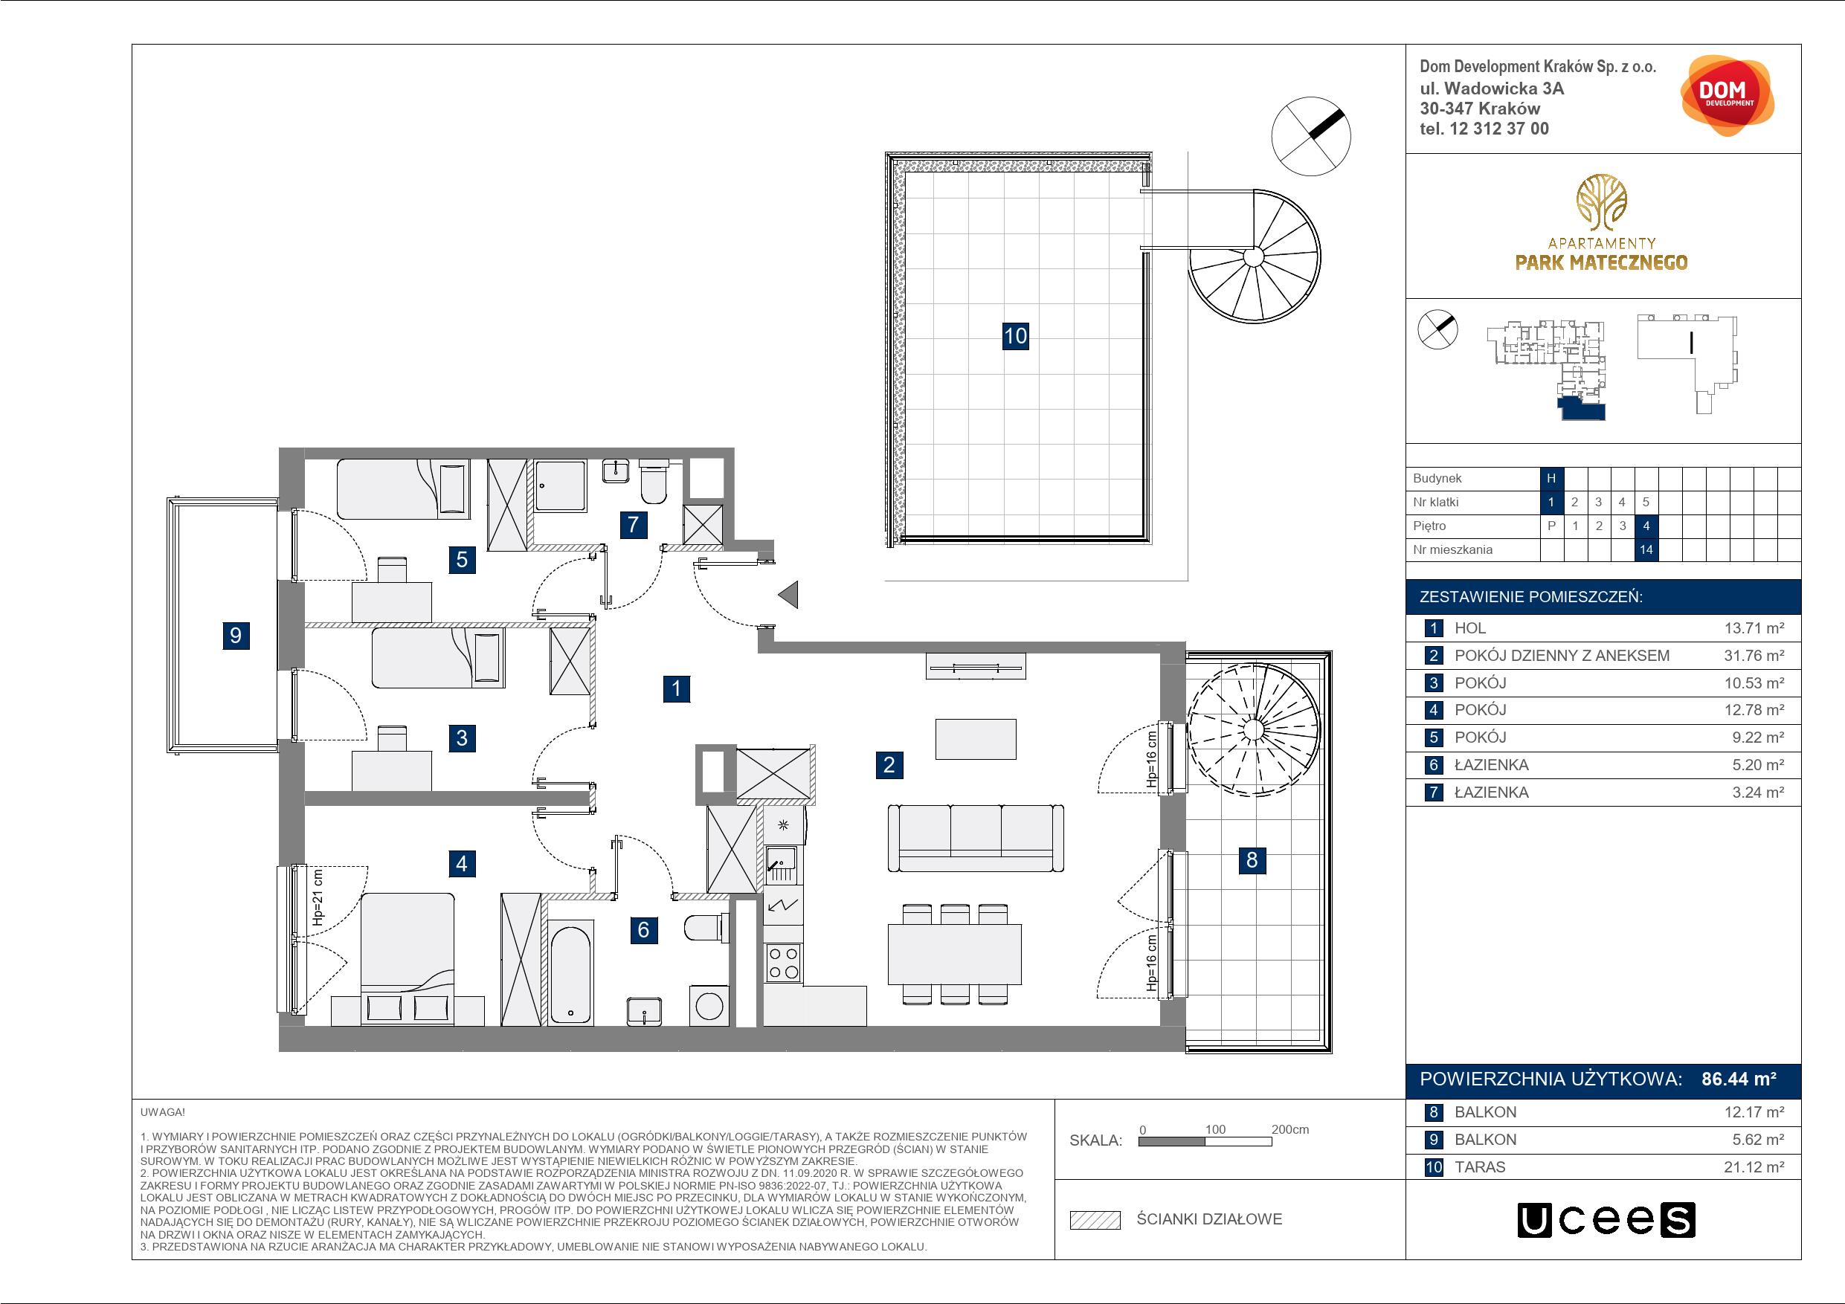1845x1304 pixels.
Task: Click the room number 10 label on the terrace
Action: [1015, 335]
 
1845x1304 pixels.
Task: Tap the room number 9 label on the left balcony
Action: [236, 636]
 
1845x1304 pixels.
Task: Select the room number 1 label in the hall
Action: [677, 688]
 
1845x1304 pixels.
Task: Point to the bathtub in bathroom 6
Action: [572, 972]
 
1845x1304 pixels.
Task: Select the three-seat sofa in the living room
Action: [976, 839]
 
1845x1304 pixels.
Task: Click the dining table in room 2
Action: [955, 955]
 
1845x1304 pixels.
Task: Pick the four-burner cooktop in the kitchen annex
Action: [784, 962]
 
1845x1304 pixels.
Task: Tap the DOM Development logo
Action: [1727, 97]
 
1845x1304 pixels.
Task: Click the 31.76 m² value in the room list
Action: [1754, 656]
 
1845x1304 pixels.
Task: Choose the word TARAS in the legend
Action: [1480, 1166]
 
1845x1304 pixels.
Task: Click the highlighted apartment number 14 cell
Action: [1646, 549]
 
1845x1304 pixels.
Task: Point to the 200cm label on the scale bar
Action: [1289, 1129]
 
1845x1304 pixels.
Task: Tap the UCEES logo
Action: [1606, 1220]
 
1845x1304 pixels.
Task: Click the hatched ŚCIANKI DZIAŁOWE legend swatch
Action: [1095, 1220]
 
